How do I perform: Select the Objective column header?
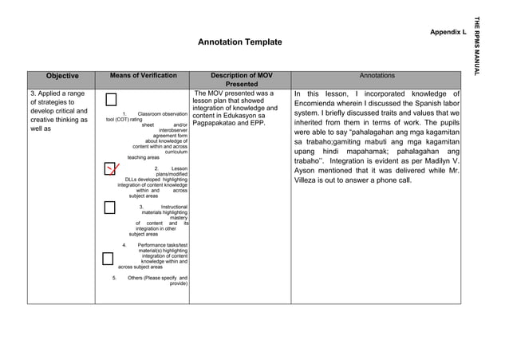point(61,76)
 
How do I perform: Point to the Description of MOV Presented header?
point(241,80)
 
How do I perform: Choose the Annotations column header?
point(377,76)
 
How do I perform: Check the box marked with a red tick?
point(109,169)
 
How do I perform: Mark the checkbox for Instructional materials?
point(109,208)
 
